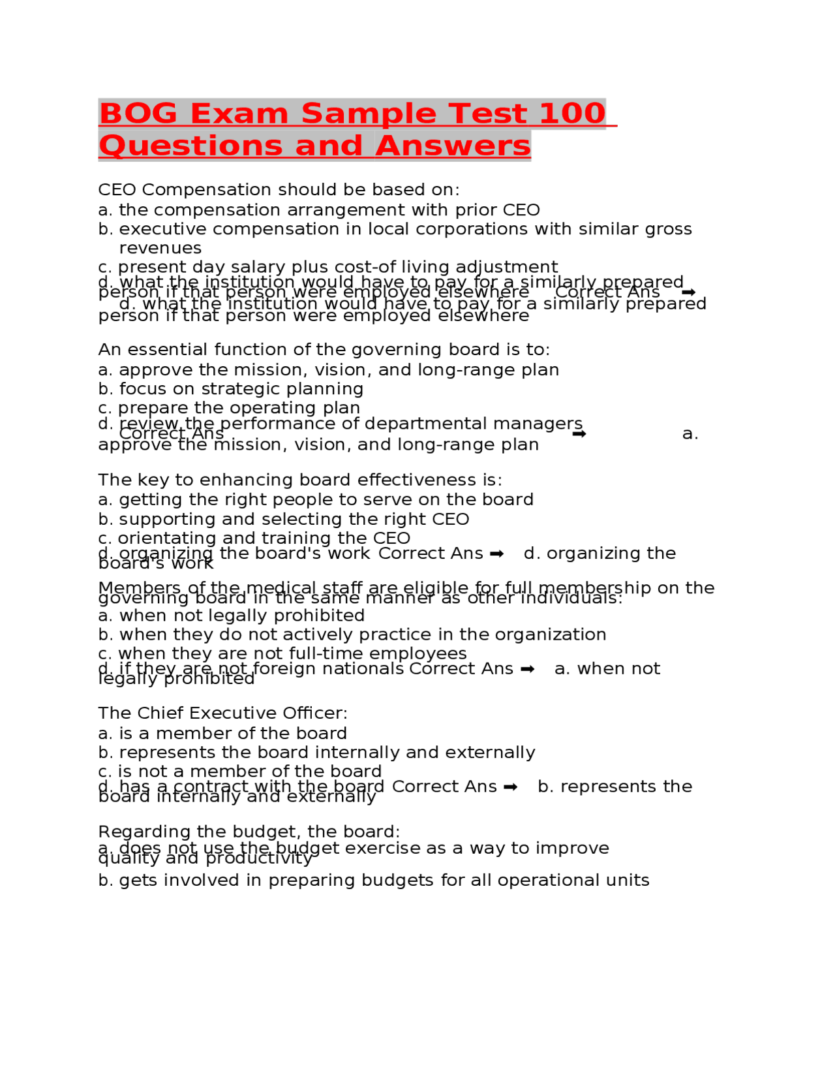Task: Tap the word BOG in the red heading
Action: coord(138,114)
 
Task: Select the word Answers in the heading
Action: coord(453,146)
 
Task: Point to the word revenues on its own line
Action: coord(160,248)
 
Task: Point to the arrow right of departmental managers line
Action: coord(579,434)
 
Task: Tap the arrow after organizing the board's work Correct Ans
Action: coord(496,554)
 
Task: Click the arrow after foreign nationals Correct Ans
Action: coord(528,670)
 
